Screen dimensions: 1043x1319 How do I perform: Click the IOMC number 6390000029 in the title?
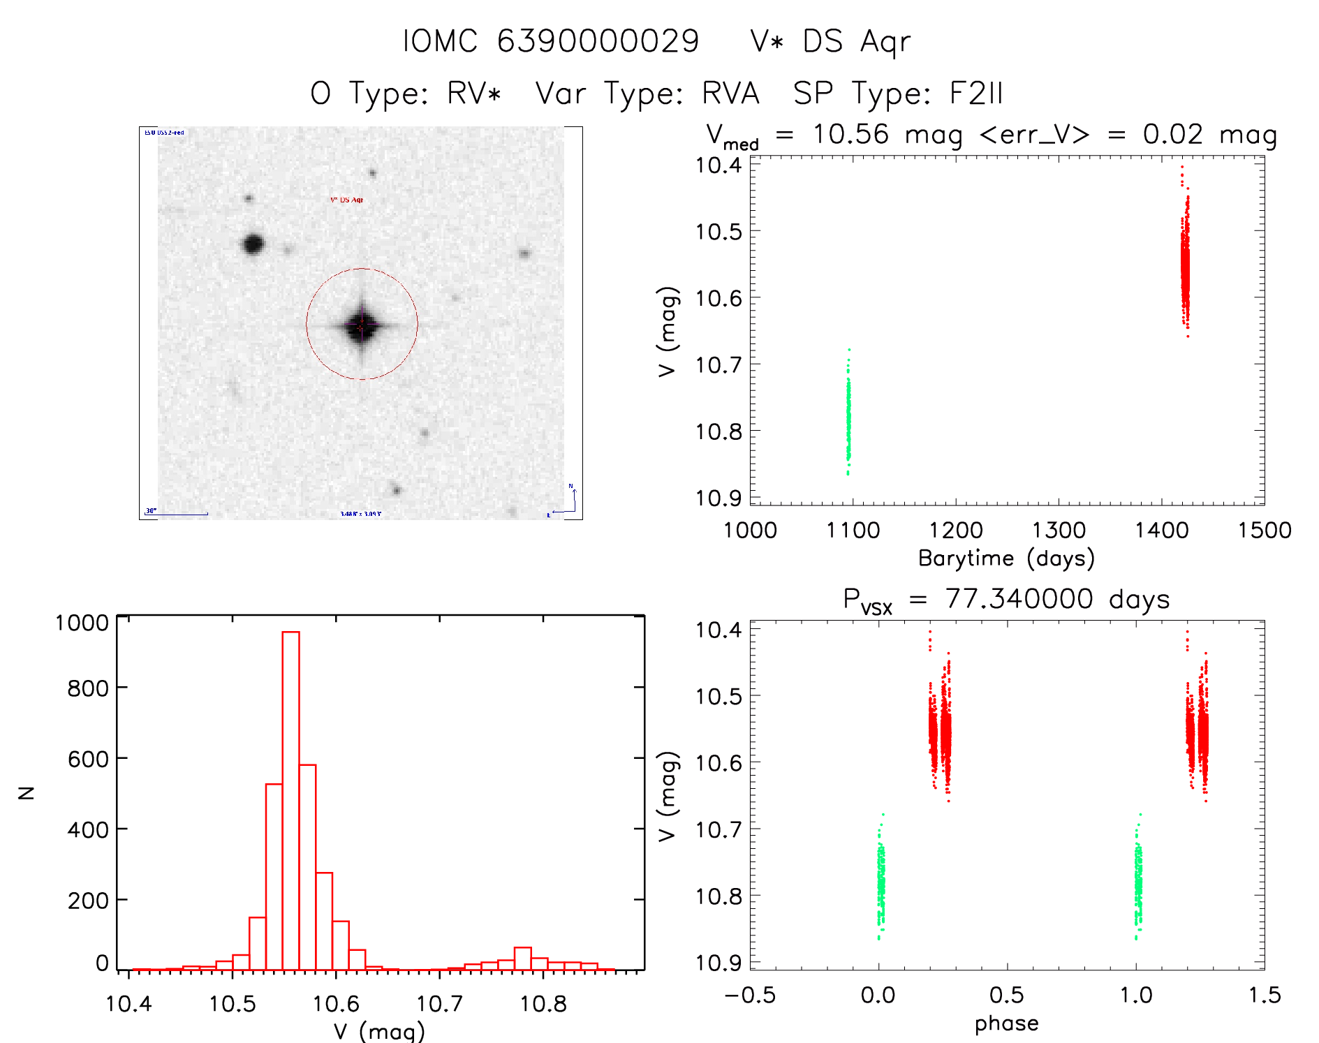598,41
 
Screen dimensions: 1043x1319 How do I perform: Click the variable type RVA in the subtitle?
730,94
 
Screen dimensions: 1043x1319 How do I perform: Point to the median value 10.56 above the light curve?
850,134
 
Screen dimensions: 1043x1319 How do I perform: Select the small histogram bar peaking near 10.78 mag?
523,958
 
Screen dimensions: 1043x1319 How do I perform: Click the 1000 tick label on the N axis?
82,622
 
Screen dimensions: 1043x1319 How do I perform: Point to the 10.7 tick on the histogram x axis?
439,1004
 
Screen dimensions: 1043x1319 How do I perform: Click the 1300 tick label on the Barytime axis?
1059,530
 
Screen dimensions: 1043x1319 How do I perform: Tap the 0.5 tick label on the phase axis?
1006,995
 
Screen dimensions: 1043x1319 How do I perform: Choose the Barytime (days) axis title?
1005,559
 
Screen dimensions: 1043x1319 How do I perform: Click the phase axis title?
1006,1023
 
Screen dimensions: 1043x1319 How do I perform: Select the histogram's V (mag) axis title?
379,1031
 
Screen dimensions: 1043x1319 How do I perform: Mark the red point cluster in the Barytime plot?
1185,265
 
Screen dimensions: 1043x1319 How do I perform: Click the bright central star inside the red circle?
362,325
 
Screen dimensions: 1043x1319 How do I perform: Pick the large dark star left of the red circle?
253,244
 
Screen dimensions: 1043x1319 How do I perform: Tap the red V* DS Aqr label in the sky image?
346,200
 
